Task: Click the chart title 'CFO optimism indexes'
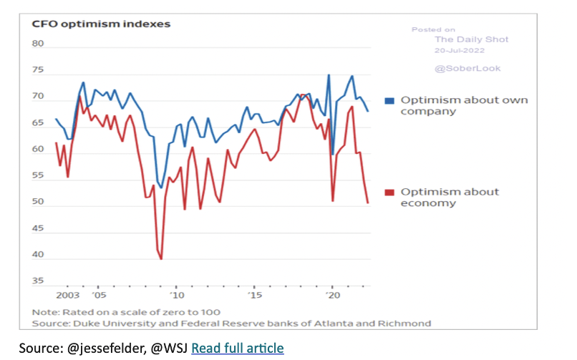click(x=100, y=24)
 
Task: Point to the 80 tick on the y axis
click(x=38, y=44)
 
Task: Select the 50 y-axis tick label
click(x=38, y=203)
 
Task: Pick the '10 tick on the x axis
click(x=177, y=295)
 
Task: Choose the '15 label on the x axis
click(x=255, y=295)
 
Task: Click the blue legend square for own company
click(x=389, y=100)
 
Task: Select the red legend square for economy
click(x=389, y=192)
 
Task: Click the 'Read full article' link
click(x=238, y=348)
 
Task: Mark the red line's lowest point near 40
click(x=161, y=258)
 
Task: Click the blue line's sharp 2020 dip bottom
click(x=332, y=154)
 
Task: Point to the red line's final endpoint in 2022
click(x=368, y=203)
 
